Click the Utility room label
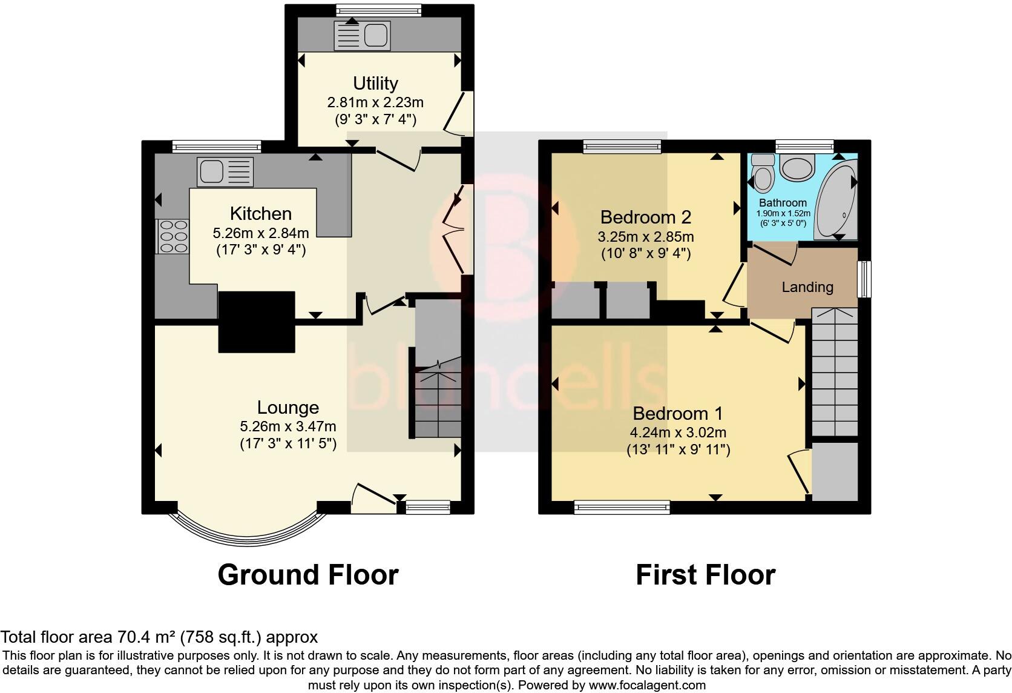[x=375, y=83]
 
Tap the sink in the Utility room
[x=362, y=35]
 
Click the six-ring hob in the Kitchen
[x=173, y=236]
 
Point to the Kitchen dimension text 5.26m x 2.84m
[x=260, y=233]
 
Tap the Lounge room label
[x=287, y=408]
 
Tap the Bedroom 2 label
[x=645, y=217]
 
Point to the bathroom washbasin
[x=798, y=167]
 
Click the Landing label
[x=807, y=287]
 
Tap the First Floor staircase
[x=835, y=373]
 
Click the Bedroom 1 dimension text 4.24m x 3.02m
[x=678, y=433]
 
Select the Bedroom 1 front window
[x=622, y=507]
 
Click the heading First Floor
[x=705, y=574]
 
